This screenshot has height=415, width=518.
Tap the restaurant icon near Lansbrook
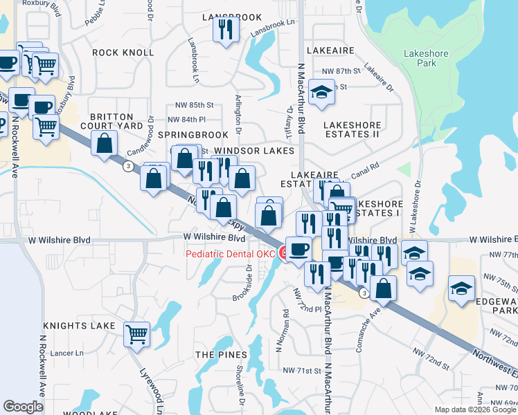tap(226, 30)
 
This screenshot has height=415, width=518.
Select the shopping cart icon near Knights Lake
tap(136, 333)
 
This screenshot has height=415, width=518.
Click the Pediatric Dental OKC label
tap(230, 254)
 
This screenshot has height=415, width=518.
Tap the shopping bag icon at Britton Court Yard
tap(105, 144)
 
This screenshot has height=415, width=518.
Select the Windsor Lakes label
tap(254, 150)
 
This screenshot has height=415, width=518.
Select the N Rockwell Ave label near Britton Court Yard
tap(14, 138)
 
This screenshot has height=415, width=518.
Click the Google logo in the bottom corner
tap(23, 407)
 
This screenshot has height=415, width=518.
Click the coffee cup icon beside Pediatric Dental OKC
tap(298, 248)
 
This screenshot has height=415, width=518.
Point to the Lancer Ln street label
tap(67, 353)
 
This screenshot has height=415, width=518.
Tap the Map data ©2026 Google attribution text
tap(475, 409)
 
